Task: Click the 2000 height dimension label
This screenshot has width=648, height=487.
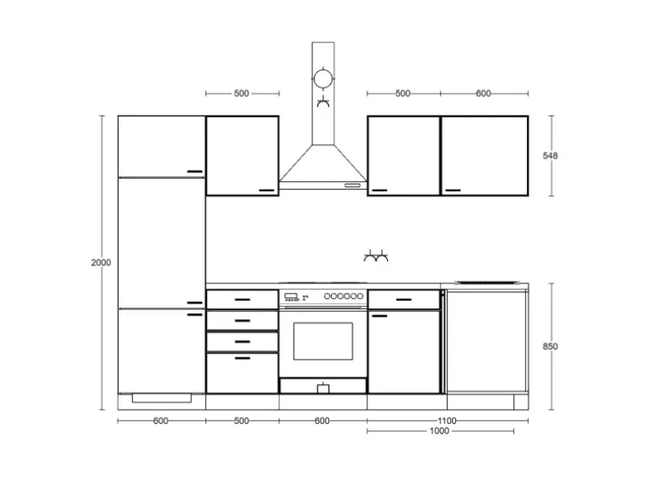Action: coord(101,263)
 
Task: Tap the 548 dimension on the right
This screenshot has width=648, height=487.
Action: coord(551,156)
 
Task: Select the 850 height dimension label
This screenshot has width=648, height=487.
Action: coord(551,346)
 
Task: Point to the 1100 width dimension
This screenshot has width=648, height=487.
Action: coord(447,420)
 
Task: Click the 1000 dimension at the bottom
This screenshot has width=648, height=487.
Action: coord(439,431)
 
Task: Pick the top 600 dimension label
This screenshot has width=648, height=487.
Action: coord(483,94)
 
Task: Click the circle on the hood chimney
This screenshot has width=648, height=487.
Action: coord(322,80)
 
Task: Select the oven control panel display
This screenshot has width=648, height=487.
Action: coord(292,297)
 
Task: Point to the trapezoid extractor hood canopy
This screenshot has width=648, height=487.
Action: coord(322,165)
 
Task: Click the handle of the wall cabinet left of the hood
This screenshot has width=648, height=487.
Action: coord(267,190)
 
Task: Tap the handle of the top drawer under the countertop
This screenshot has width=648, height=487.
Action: coord(242,298)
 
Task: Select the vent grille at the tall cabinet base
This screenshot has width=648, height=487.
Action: coord(162,397)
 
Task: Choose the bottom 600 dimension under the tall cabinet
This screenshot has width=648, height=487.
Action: coord(161,420)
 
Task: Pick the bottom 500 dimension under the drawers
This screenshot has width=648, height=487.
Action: coord(242,420)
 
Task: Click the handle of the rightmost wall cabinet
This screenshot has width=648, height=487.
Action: coord(454,190)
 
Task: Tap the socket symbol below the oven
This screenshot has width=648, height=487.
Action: coord(322,388)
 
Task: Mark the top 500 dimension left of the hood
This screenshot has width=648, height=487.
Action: coord(242,94)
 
